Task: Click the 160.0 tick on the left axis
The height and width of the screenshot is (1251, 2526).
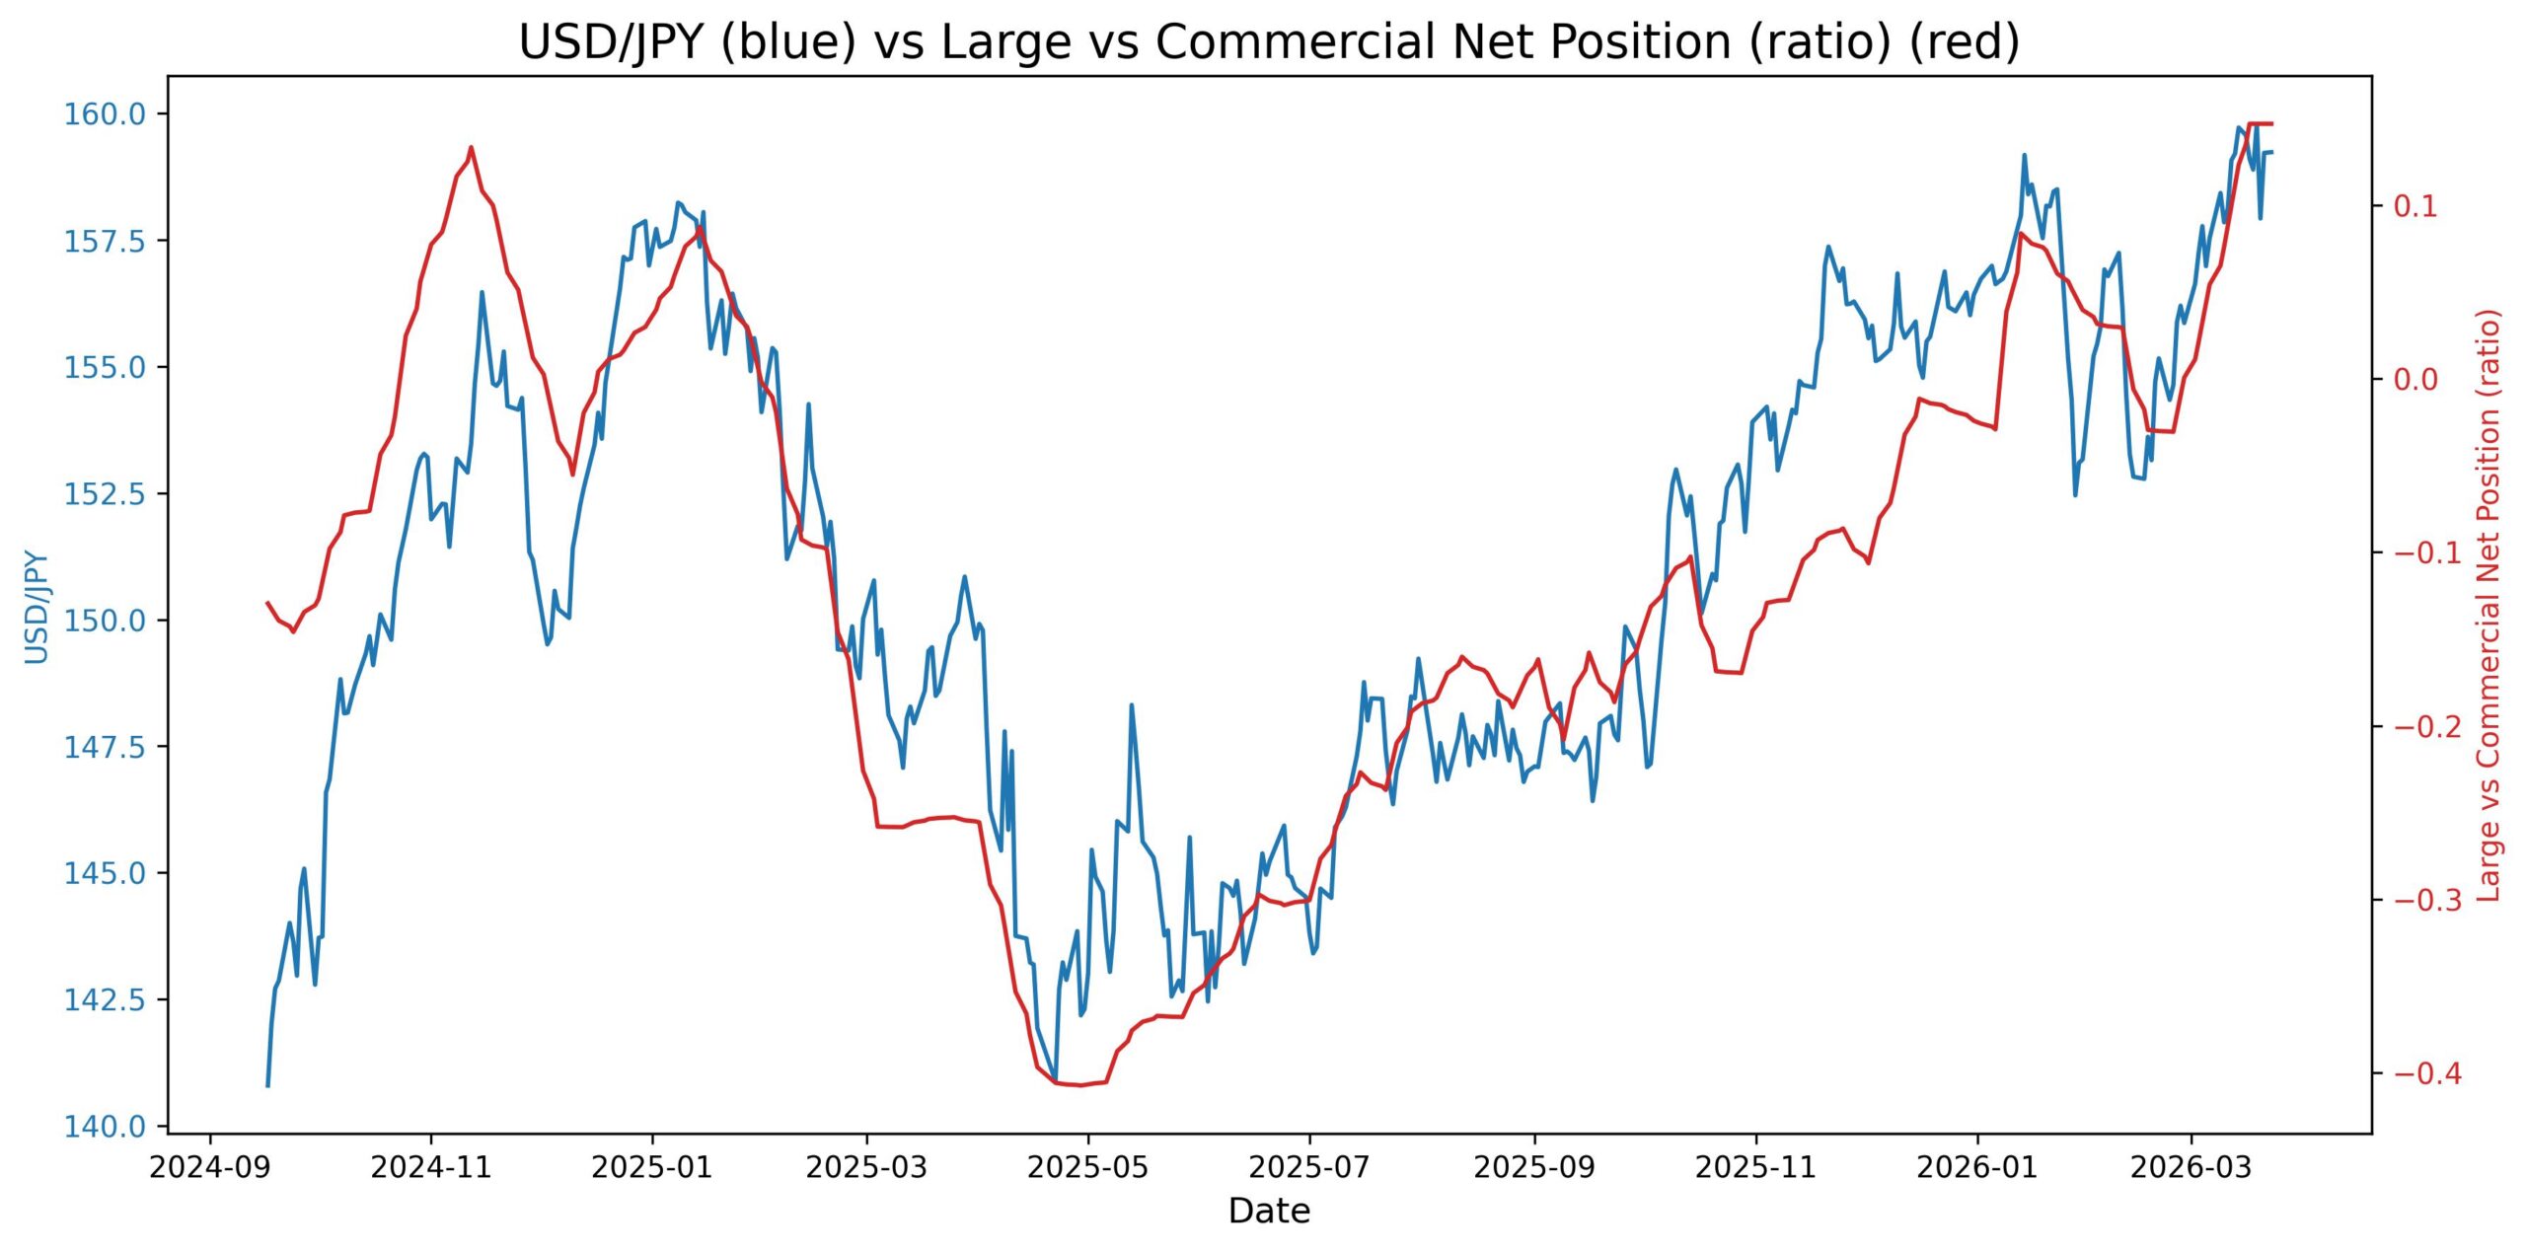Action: pyautogui.click(x=104, y=114)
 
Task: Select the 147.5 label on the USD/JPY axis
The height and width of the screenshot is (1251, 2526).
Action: pyautogui.click(x=104, y=747)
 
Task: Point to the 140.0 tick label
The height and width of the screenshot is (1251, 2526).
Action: pyautogui.click(x=104, y=1127)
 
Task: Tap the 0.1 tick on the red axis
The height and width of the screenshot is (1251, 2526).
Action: pyautogui.click(x=2415, y=206)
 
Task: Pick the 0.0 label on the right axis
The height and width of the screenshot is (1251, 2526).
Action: pyautogui.click(x=2415, y=380)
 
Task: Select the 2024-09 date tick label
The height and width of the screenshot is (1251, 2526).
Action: pyautogui.click(x=208, y=1168)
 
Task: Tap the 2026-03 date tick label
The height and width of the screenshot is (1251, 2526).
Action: pyautogui.click(x=2191, y=1168)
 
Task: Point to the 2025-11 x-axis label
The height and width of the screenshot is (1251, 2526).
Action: pyautogui.click(x=1755, y=1168)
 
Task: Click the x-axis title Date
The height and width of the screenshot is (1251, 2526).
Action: pyautogui.click(x=1269, y=1212)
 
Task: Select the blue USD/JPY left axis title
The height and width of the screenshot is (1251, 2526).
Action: pyautogui.click(x=36, y=606)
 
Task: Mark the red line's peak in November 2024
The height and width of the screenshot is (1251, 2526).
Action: pyautogui.click(x=471, y=148)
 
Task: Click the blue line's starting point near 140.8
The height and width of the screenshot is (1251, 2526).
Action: pyautogui.click(x=267, y=1085)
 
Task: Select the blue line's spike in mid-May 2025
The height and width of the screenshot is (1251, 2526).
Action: pyautogui.click(x=1132, y=704)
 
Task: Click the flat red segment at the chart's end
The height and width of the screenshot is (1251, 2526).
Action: pyautogui.click(x=2260, y=124)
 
